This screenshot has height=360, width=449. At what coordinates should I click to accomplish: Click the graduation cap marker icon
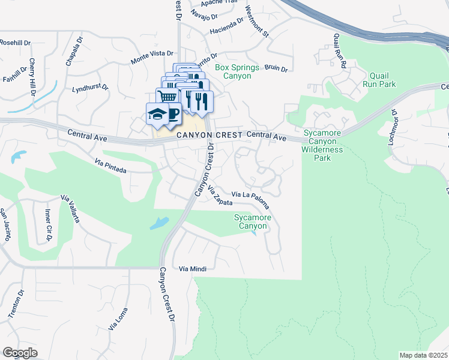157,114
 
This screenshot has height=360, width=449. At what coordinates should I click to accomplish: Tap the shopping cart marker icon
167,97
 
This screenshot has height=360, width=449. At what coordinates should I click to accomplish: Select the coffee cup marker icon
172,113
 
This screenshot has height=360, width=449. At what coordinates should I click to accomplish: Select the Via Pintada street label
110,166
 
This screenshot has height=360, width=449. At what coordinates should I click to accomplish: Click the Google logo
20,353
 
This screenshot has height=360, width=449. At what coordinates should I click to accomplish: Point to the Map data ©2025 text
423,355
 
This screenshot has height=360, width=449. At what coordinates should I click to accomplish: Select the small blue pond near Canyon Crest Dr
159,224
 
